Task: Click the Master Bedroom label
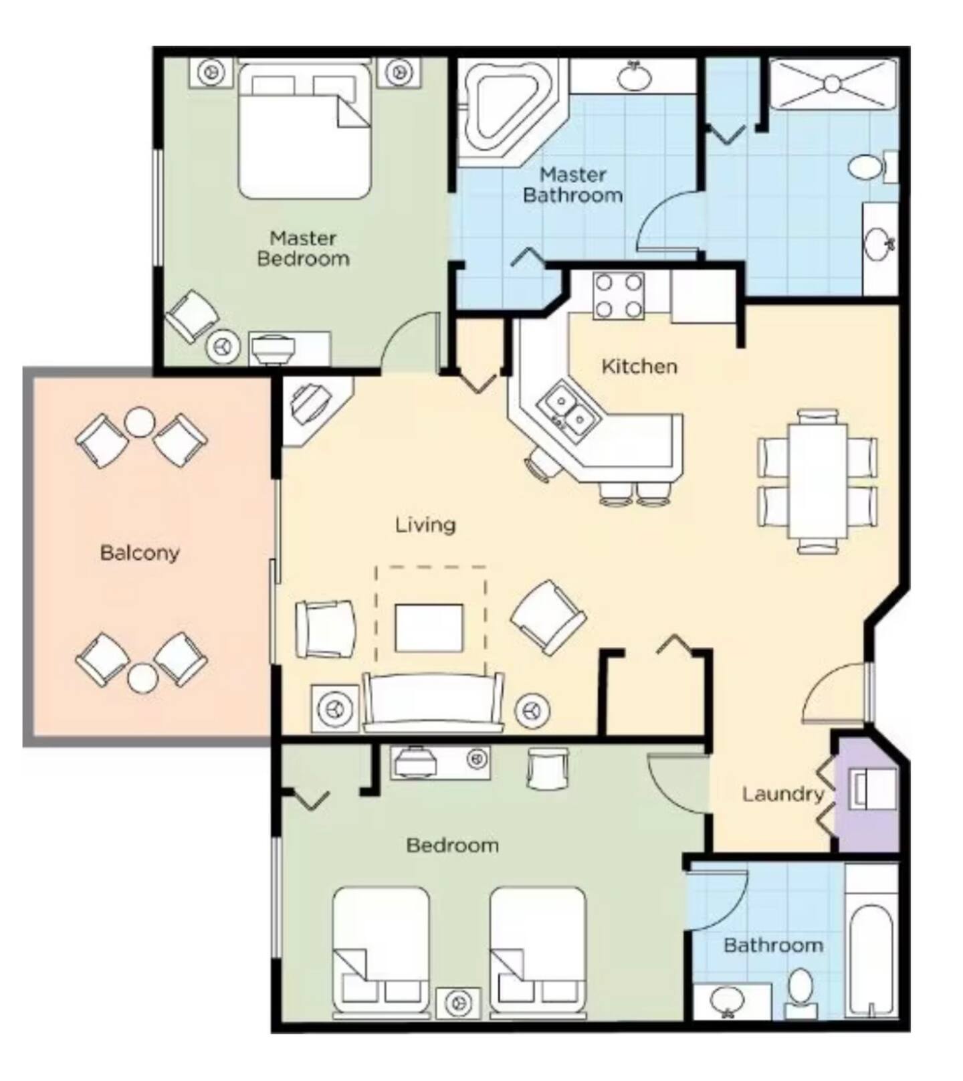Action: pyautogui.click(x=303, y=248)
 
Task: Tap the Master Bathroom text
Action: pyautogui.click(x=573, y=185)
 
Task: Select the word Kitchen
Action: pyautogui.click(x=639, y=367)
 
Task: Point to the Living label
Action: pyautogui.click(x=425, y=524)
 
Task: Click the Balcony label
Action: pyautogui.click(x=140, y=553)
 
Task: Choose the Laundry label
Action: pyautogui.click(x=783, y=795)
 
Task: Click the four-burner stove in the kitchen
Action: pyautogui.click(x=619, y=296)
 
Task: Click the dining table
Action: pyautogui.click(x=817, y=481)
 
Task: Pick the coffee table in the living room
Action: pyautogui.click(x=429, y=627)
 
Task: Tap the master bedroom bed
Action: pyautogui.click(x=304, y=131)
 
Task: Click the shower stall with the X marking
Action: pyautogui.click(x=832, y=84)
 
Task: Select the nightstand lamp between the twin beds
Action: pyautogui.click(x=459, y=1002)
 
